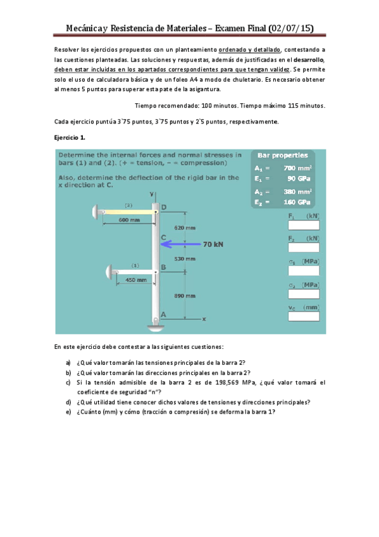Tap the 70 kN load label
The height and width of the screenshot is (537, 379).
[213, 244]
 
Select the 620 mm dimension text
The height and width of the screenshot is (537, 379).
[185, 227]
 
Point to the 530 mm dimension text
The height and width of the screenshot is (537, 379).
[185, 258]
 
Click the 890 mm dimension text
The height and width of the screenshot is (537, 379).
[185, 295]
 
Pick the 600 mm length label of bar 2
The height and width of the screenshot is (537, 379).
[130, 220]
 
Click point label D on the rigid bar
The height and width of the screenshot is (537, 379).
[164, 207]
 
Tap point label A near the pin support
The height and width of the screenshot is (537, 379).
[163, 314]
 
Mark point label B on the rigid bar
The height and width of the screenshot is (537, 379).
[163, 267]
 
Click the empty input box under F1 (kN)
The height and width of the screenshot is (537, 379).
[303, 225]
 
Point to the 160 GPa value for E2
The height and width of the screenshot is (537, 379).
[297, 202]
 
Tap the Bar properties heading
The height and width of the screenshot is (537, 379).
[283, 155]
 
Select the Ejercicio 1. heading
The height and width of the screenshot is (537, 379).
[70, 137]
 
